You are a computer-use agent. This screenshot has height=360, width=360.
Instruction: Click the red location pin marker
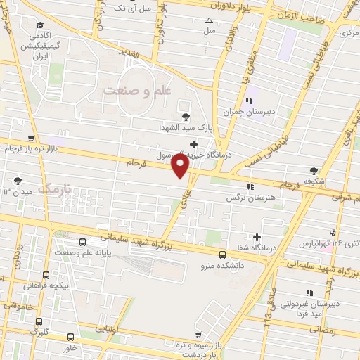pos(180,166)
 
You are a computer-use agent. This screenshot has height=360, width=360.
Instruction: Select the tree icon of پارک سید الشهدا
pos(186,117)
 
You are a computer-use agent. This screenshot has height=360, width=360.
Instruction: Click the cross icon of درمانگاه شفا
pos(257,238)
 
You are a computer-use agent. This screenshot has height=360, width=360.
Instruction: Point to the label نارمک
pos(56,188)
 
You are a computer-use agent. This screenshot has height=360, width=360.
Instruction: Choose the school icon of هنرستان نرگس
pos(250,186)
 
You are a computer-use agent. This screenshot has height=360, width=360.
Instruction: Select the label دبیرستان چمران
pos(247,112)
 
